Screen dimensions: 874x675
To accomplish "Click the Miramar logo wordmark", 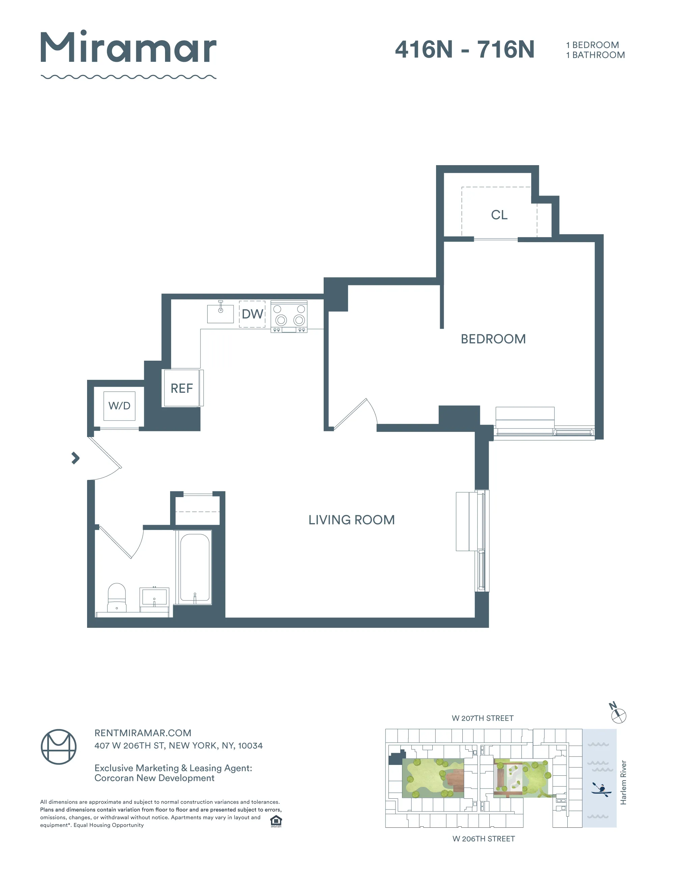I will [x=128, y=48].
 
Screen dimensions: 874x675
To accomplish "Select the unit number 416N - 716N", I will [x=464, y=50].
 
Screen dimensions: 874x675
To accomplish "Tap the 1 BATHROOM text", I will [x=595, y=55].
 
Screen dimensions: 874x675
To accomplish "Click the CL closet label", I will [x=499, y=215].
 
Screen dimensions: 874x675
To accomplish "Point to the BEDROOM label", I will [x=493, y=339].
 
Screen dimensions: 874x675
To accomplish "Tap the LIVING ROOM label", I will [x=351, y=520].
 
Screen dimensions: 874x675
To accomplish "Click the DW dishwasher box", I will [x=252, y=314].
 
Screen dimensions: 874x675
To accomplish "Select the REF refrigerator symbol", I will [x=182, y=388].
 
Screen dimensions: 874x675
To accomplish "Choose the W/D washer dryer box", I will [x=119, y=406].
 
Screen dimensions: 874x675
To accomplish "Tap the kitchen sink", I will [x=220, y=314].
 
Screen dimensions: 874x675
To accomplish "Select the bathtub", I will [x=195, y=567].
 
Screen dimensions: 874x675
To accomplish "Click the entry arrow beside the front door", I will [x=75, y=458].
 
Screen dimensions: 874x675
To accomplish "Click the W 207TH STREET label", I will [x=482, y=718].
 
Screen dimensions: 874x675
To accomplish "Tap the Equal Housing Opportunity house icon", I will [x=276, y=821].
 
